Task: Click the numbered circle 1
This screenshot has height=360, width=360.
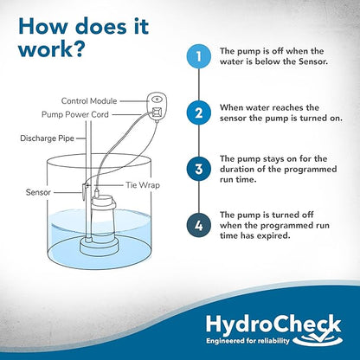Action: [199, 56]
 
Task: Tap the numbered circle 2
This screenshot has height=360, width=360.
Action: [199, 112]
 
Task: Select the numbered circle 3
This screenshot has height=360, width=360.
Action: [199, 169]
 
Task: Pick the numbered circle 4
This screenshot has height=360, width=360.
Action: [199, 225]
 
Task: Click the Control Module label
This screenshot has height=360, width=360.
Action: [89, 101]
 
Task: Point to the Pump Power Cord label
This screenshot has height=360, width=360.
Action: [75, 114]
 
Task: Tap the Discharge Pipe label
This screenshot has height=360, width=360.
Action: [47, 138]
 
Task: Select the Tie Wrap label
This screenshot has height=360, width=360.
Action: [143, 185]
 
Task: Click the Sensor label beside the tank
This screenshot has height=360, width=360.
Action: [38, 192]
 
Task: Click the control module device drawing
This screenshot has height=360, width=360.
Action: [157, 106]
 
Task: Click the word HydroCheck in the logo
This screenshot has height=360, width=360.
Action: [273, 325]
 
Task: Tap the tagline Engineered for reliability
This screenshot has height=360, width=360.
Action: [247, 341]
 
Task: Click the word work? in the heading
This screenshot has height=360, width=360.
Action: [51, 49]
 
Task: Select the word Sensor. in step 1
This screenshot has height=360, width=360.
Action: [313, 61]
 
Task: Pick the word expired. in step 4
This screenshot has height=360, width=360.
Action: [274, 236]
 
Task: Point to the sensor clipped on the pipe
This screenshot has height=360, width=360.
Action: [84, 191]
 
